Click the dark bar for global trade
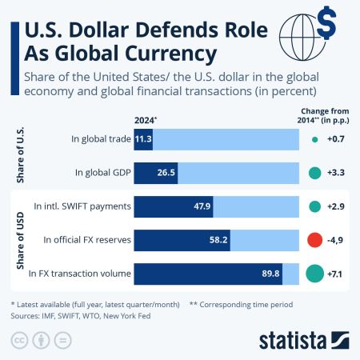143,138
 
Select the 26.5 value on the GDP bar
166,172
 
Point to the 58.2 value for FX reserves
217,239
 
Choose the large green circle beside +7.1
314,273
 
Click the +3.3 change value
337,172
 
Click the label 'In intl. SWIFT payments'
82,206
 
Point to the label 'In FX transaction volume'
78,274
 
